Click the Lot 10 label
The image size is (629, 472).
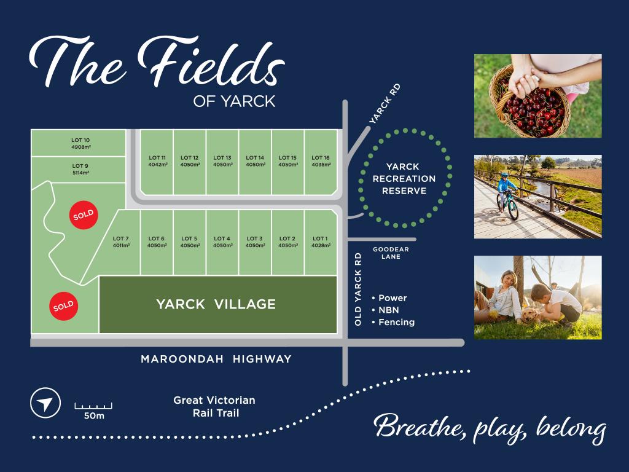(x=80, y=143)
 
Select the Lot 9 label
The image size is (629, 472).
(x=80, y=169)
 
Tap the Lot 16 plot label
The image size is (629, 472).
(x=321, y=161)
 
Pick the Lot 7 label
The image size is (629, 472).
(x=121, y=242)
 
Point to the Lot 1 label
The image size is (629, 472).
(x=320, y=242)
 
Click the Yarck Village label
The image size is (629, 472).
(x=216, y=304)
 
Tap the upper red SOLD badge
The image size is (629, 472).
(x=84, y=215)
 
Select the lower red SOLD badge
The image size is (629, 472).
(x=63, y=305)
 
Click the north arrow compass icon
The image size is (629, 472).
(x=45, y=403)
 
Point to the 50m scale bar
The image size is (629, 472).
(x=93, y=406)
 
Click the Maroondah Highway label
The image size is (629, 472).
(x=216, y=359)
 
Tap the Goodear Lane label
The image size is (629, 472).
(x=391, y=253)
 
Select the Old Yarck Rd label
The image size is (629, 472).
(x=358, y=289)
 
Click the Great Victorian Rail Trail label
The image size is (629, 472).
(x=214, y=406)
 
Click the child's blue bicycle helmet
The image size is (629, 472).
(x=504, y=176)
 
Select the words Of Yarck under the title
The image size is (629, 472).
(x=234, y=102)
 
